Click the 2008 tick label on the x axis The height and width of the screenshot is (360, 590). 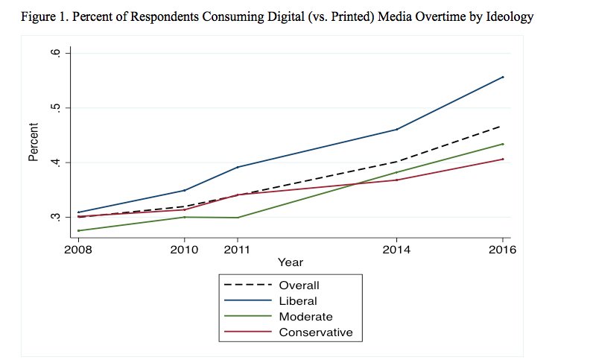(78, 250)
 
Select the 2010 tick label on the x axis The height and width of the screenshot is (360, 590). (185, 250)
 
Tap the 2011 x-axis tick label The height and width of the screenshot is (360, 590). (237, 250)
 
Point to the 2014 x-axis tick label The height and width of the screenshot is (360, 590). (397, 250)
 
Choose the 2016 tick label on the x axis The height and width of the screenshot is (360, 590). (503, 250)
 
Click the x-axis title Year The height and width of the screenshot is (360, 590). (290, 262)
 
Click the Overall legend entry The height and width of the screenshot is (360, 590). (299, 285)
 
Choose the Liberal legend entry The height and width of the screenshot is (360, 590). (298, 301)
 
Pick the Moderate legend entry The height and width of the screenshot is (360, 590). (305, 317)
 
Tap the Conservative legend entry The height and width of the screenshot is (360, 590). (315, 332)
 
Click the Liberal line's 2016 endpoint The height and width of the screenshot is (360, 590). (503, 77)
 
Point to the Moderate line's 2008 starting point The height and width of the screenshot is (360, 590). (78, 230)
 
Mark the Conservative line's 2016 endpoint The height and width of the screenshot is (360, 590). (503, 159)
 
